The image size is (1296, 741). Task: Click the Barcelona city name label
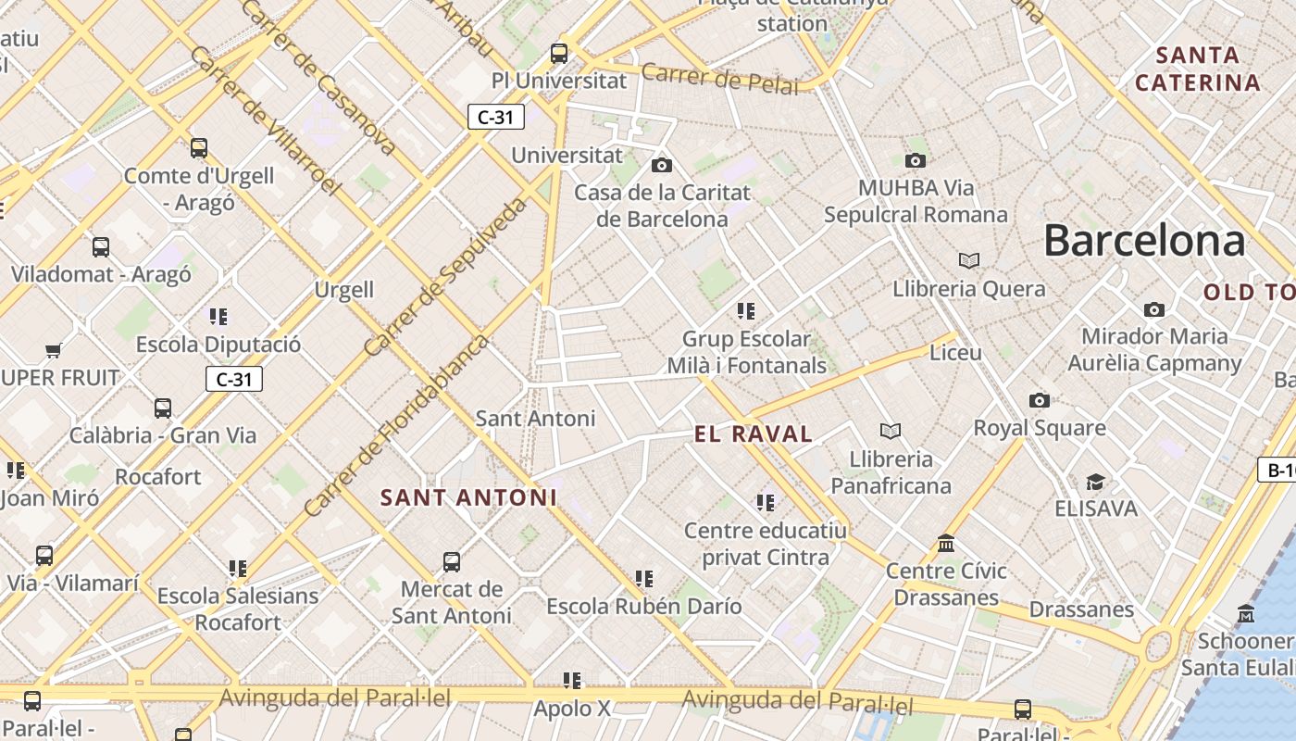1144,241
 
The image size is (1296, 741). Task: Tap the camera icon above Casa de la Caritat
661,166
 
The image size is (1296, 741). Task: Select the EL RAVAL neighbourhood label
754,433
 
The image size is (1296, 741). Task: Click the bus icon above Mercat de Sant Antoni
452,561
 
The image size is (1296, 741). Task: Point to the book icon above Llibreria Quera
968,261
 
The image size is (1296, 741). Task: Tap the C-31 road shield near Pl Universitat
496,117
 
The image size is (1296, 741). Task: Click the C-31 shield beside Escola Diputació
234,379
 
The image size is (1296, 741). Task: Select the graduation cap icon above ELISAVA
1095,482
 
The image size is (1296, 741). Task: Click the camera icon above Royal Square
1039,400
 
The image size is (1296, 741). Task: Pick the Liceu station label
954,353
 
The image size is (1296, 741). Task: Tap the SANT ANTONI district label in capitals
468,497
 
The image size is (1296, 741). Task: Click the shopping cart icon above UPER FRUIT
53,350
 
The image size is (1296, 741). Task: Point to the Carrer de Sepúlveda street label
445,277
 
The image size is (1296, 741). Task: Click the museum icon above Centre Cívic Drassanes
945,543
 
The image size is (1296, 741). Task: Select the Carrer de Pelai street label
719,79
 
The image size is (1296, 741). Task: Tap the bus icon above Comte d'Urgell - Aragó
198,147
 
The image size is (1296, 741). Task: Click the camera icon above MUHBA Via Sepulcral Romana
915,161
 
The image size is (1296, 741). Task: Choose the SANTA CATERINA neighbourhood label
1198,69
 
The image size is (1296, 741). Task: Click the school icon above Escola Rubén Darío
643,579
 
